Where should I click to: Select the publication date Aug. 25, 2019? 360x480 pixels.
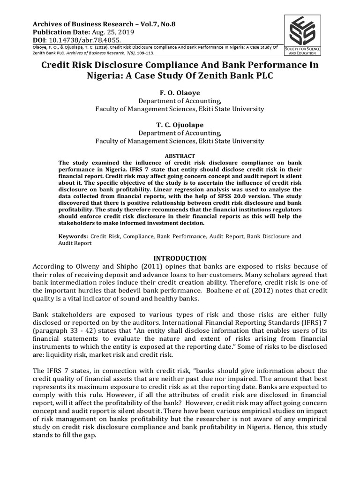(x=111, y=32)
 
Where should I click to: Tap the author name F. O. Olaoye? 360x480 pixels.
(x=180, y=93)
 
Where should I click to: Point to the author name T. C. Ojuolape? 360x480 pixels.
(x=180, y=125)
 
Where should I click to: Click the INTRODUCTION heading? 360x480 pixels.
(x=180, y=258)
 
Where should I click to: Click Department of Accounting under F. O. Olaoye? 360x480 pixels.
(x=180, y=101)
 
